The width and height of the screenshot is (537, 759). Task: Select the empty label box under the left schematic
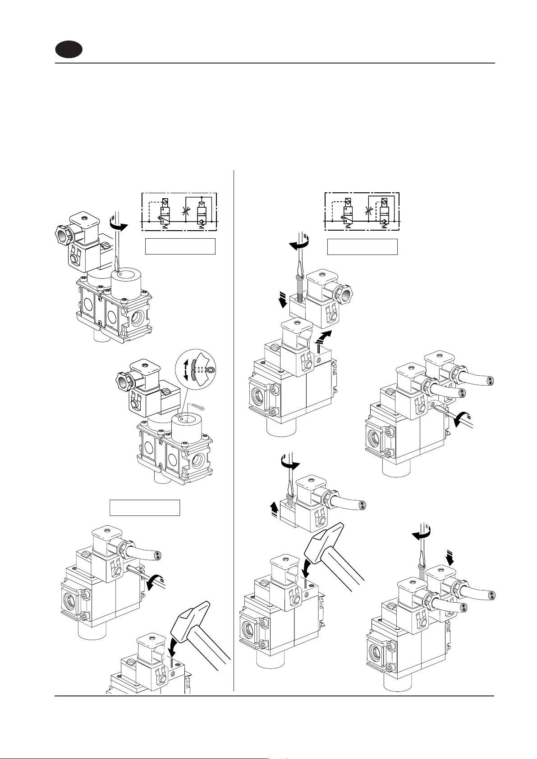180,247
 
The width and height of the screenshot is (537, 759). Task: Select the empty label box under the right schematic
362,247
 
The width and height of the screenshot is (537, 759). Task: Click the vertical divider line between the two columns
234,428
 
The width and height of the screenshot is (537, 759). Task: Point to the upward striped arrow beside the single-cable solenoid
273,509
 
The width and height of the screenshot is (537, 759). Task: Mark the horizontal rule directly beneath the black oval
275,64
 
